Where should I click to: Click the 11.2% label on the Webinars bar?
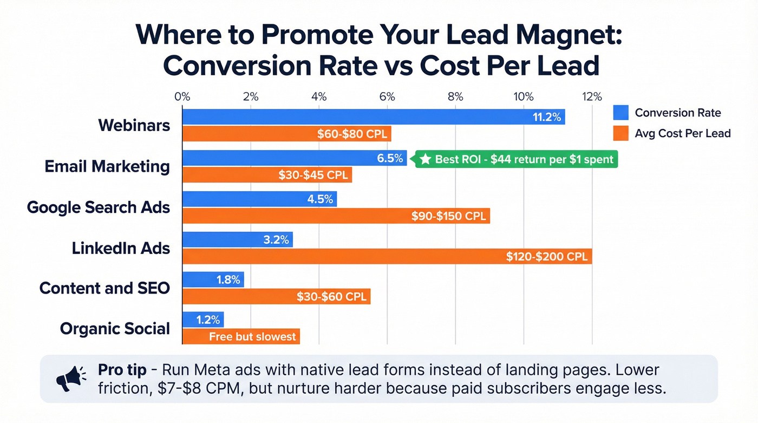pyautogui.click(x=546, y=116)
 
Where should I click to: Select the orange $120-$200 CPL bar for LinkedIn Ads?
pyautogui.click(x=387, y=256)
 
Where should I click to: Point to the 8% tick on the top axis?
pyautogui.click(x=455, y=97)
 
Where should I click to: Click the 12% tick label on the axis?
pyautogui.click(x=591, y=97)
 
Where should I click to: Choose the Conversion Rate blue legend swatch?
pyautogui.click(x=620, y=113)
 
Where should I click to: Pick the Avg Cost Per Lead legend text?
pyautogui.click(x=683, y=133)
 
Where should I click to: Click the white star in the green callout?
pyautogui.click(x=426, y=159)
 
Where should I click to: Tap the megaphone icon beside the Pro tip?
pyautogui.click(x=71, y=378)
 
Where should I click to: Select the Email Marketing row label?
pyautogui.click(x=107, y=166)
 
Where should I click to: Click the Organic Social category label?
pyautogui.click(x=115, y=329)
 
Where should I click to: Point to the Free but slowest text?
pyautogui.click(x=252, y=336)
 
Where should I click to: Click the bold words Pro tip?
pyautogui.click(x=122, y=370)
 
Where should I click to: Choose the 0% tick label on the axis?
pyautogui.click(x=182, y=97)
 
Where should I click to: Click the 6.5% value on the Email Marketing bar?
pyautogui.click(x=389, y=158)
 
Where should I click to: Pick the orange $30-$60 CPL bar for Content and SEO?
pyautogui.click(x=276, y=296)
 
